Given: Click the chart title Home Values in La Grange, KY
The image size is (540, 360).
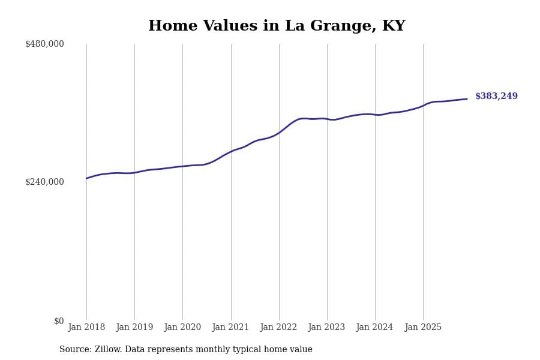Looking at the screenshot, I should pyautogui.click(x=277, y=26).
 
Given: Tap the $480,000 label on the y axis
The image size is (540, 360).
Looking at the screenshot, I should pyautogui.click(x=44, y=44).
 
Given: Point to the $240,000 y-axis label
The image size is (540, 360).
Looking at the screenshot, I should pyautogui.click(x=44, y=182).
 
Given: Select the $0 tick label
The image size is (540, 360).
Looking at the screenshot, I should pyautogui.click(x=59, y=321).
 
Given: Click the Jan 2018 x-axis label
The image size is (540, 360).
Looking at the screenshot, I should pyautogui.click(x=86, y=328).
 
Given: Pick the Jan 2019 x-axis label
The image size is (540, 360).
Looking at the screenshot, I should pyautogui.click(x=134, y=328).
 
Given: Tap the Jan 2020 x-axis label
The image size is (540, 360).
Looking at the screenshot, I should pyautogui.click(x=182, y=328).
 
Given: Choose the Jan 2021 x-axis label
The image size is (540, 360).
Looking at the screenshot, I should pyautogui.click(x=230, y=328).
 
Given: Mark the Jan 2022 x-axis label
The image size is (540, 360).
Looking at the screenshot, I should pyautogui.click(x=278, y=328).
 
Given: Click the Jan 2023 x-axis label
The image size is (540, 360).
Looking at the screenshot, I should pyautogui.click(x=326, y=328).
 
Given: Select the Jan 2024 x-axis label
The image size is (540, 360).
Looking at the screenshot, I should pyautogui.click(x=374, y=328).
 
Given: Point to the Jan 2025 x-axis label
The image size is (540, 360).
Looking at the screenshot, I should pyautogui.click(x=423, y=328).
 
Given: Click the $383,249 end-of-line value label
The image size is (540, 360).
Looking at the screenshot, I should pyautogui.click(x=496, y=97).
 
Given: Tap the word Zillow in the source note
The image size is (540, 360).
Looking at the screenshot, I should pyautogui.click(x=109, y=350).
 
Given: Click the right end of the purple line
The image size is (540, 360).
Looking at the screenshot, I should pyautogui.click(x=467, y=99).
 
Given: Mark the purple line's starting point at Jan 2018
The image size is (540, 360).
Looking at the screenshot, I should pyautogui.click(x=86, y=178).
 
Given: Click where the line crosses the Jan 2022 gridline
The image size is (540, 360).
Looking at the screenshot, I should pyautogui.click(x=279, y=132).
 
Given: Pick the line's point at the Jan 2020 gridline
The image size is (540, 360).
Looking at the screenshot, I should pyautogui.click(x=182, y=166).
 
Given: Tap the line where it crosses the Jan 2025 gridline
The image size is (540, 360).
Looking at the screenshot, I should pyautogui.click(x=423, y=105).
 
